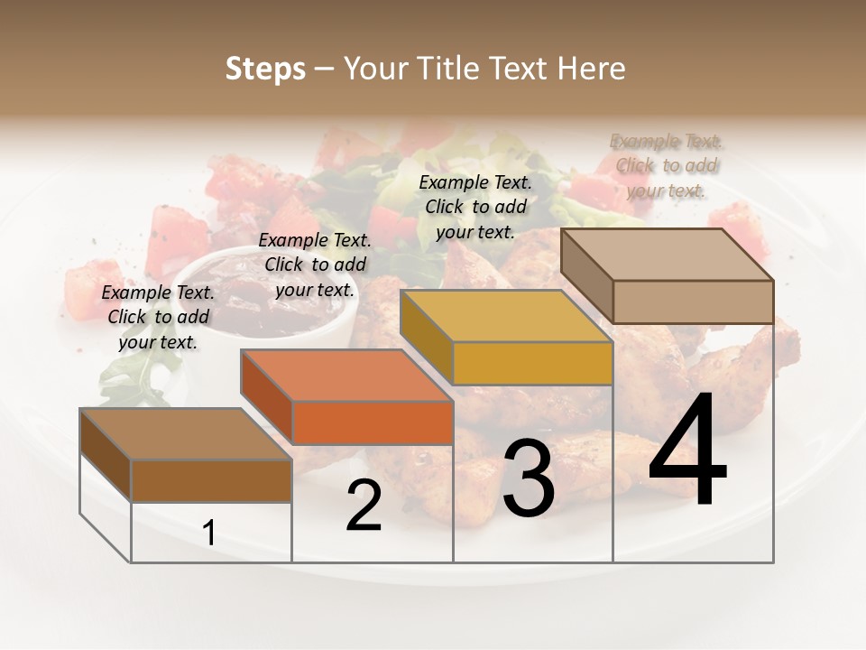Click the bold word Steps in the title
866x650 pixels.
265,70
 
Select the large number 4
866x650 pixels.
687,451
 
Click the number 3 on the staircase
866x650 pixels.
529,478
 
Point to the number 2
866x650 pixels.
364,506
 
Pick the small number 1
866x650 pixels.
209,534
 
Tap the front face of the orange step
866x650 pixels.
373,422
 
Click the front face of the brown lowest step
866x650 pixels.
211,480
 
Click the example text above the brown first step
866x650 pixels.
159,317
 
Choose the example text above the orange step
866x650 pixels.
315,265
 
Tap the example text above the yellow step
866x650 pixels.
475,207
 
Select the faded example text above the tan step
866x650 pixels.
667,165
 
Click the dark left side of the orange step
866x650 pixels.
267,397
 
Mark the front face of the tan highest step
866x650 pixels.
693,302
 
